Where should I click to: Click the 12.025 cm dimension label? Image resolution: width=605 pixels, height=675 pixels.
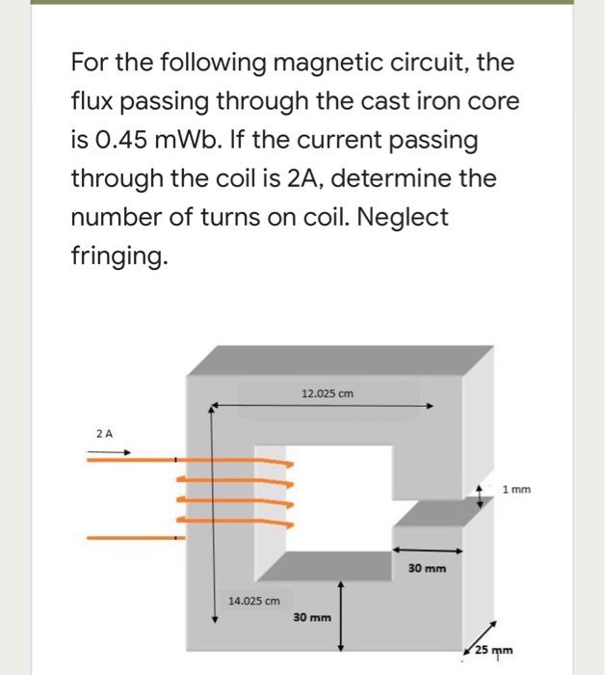(328, 393)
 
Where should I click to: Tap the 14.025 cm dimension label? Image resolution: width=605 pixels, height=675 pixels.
(253, 600)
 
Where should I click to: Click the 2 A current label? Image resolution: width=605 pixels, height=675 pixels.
(105, 434)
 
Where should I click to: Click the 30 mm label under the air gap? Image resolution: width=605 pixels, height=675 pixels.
(427, 568)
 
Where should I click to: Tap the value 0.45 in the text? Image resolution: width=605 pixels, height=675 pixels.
(122, 141)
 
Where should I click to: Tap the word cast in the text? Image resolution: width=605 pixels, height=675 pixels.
(381, 102)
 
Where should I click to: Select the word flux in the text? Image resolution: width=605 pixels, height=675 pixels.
(93, 102)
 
